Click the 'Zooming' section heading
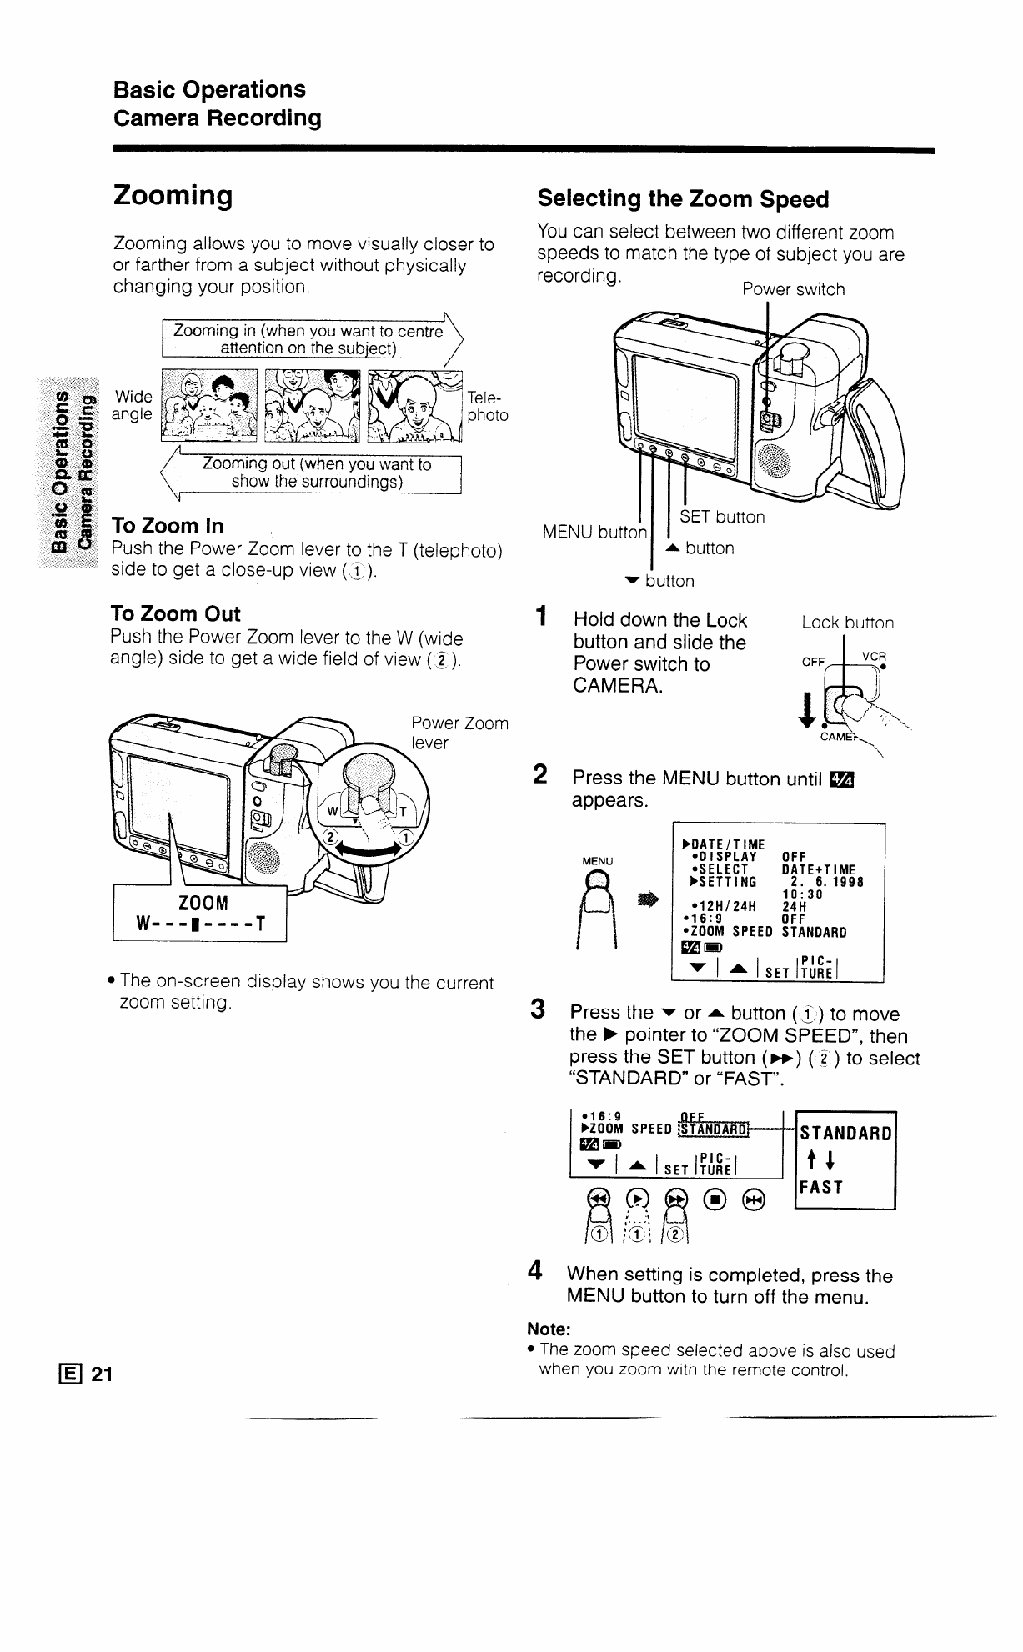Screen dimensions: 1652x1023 coord(173,197)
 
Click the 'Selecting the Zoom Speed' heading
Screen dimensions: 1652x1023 coord(683,199)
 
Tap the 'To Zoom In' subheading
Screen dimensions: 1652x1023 coord(167,526)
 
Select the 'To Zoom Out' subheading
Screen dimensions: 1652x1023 coord(175,614)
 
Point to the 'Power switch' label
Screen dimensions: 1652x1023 coord(793,289)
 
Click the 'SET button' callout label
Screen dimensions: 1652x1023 coord(722,518)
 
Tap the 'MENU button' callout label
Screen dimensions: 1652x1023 coord(594,532)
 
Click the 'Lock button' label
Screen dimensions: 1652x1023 coord(847,623)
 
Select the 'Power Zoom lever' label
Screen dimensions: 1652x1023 coord(460,733)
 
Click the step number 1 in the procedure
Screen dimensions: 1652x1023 coord(542,619)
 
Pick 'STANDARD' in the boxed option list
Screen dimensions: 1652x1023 coord(845,1133)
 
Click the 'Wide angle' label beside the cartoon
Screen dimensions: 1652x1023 coord(134,405)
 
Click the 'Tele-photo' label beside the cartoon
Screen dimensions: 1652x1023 coord(487,406)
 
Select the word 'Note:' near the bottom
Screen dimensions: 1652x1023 coord(548,1328)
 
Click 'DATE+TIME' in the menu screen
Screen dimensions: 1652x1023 coord(818,869)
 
